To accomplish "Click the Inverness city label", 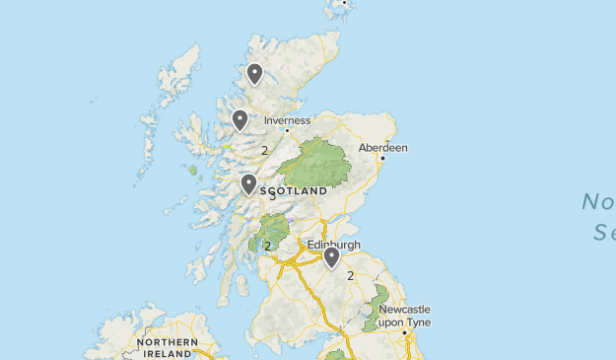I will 287,120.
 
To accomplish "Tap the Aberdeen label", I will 382,148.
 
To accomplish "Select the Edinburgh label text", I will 334,245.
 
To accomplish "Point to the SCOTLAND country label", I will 294,190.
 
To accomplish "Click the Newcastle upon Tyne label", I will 404,316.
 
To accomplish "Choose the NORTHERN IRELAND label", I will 168,347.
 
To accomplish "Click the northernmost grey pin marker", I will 254,73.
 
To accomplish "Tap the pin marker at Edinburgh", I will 332,257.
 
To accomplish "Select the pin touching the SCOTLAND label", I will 248,184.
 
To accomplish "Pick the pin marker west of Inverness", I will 240,119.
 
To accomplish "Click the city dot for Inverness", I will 287,130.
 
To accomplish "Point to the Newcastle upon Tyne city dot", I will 405,332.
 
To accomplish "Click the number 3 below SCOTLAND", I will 273,196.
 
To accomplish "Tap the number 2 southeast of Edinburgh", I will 350,276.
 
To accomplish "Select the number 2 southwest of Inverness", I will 265,151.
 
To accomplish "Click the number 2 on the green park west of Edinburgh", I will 267,246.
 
